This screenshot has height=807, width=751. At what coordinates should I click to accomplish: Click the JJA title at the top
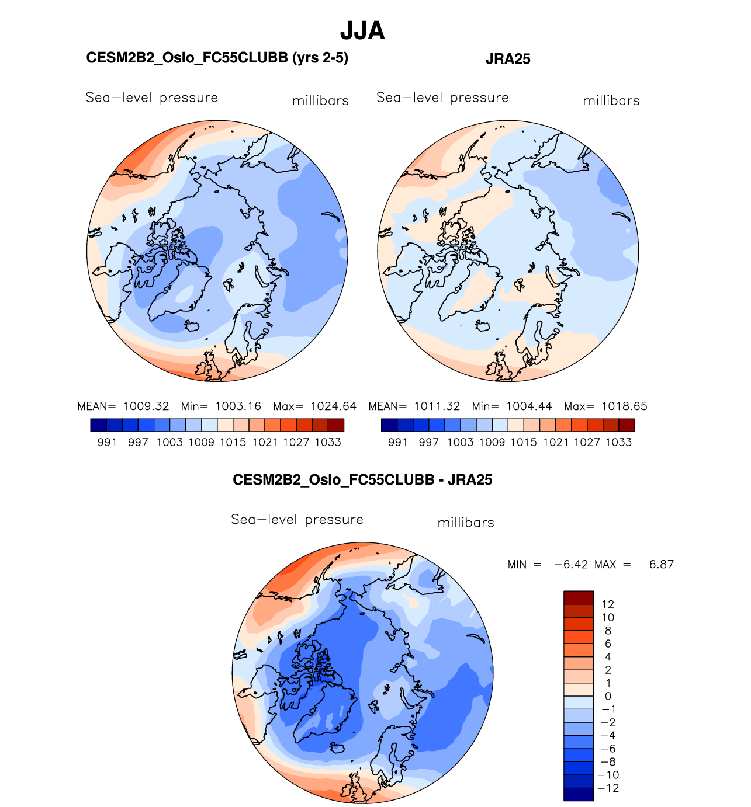[x=362, y=30]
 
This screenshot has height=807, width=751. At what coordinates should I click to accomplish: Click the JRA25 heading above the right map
[x=508, y=59]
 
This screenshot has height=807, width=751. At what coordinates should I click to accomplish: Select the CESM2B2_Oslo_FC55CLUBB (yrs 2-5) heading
[x=217, y=58]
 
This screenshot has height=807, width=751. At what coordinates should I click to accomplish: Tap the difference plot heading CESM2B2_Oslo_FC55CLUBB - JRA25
[x=362, y=480]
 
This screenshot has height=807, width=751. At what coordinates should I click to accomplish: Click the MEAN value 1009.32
[x=146, y=406]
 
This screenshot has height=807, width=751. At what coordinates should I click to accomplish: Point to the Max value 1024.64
[x=333, y=406]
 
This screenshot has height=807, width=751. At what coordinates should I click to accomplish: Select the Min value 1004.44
[x=529, y=406]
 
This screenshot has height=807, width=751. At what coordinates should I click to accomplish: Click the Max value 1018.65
[x=624, y=406]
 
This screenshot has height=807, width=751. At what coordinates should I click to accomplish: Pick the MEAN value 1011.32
[x=437, y=406]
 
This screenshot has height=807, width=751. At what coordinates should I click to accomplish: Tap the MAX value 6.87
[x=662, y=565]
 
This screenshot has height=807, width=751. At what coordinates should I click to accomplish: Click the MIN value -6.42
[x=571, y=565]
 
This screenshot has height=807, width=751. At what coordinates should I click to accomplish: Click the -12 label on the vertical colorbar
[x=609, y=788]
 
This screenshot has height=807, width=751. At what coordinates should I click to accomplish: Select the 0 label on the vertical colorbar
[x=608, y=697]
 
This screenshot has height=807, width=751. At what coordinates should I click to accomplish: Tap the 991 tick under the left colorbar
[x=107, y=443]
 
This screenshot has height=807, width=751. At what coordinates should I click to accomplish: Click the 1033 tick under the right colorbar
[x=618, y=443]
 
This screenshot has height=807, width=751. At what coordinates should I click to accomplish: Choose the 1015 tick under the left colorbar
[x=233, y=443]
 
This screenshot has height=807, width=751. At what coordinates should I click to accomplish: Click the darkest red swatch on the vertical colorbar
[x=579, y=597]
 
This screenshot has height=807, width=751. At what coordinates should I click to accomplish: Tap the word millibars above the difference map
[x=466, y=523]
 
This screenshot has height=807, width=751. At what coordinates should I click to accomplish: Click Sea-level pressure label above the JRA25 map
[x=442, y=98]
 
